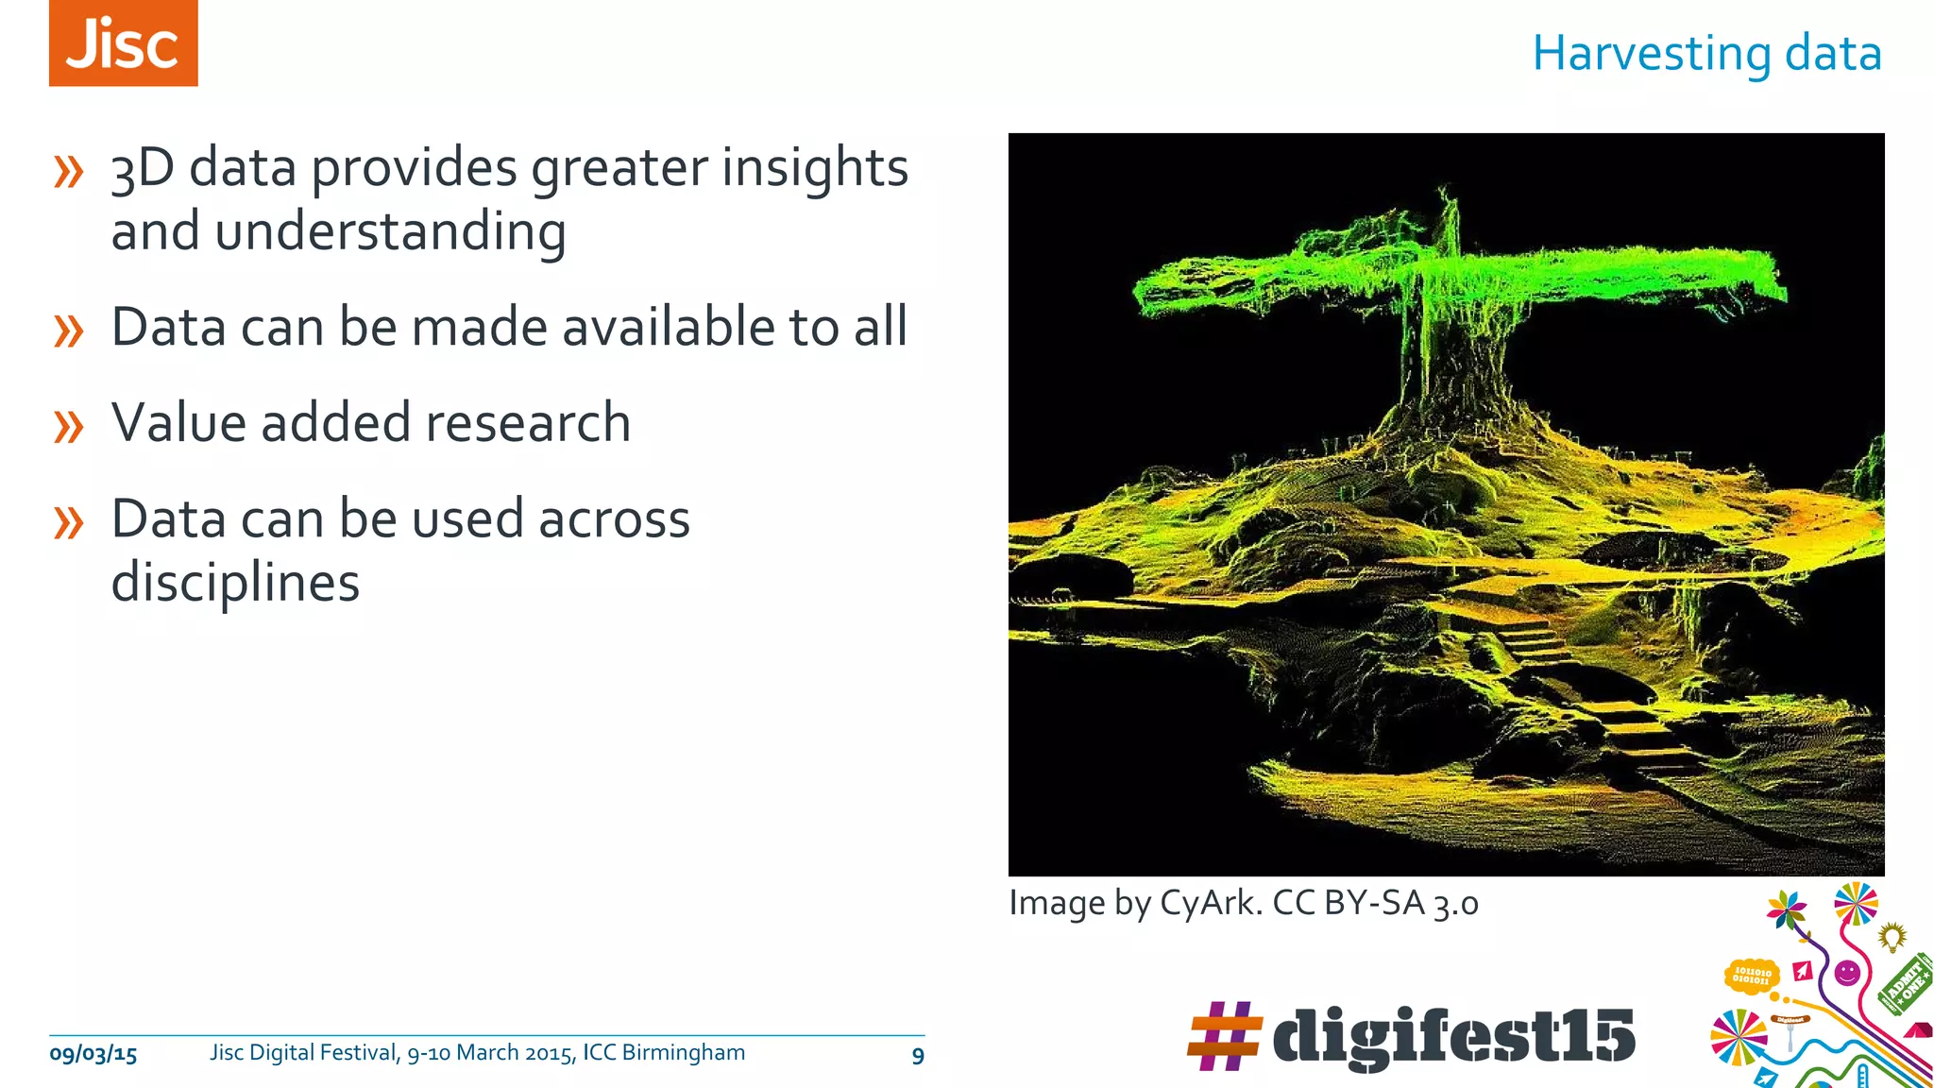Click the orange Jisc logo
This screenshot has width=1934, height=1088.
click(x=124, y=43)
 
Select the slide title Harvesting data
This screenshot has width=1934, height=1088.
click(x=1706, y=53)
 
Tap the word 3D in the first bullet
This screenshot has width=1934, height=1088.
click(x=143, y=168)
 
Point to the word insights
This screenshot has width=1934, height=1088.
click(x=815, y=168)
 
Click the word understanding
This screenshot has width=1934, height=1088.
click(x=390, y=232)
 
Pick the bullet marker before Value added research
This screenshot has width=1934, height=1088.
click(x=69, y=426)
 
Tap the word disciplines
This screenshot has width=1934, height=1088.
click(x=235, y=582)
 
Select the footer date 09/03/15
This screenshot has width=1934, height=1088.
click(x=93, y=1054)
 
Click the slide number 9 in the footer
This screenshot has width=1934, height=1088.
click(x=917, y=1056)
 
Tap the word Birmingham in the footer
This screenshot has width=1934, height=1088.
click(x=683, y=1052)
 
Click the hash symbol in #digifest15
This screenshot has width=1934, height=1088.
click(x=1224, y=1036)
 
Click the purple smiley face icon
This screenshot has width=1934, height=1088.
click(x=1847, y=972)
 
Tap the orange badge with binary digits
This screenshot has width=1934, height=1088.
click(x=1752, y=975)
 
